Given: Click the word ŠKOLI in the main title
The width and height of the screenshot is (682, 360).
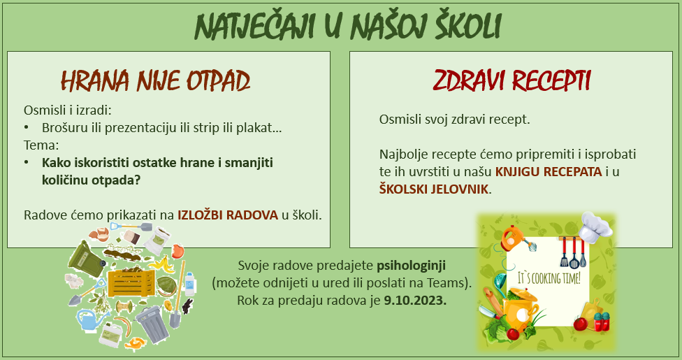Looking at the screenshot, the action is (x=468, y=26).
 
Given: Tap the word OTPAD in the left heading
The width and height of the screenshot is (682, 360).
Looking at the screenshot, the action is (x=218, y=81).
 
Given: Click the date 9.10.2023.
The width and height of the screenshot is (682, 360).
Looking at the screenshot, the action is (x=415, y=301).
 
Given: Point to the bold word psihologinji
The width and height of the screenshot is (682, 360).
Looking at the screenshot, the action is (x=411, y=266).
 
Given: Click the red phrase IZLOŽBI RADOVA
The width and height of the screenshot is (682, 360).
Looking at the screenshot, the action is (x=228, y=215).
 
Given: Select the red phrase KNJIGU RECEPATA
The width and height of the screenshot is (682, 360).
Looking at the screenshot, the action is (x=549, y=171).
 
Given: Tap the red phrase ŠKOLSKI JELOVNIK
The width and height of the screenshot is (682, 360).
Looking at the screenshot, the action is (x=434, y=189).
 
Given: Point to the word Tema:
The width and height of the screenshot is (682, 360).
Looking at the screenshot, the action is (x=41, y=145).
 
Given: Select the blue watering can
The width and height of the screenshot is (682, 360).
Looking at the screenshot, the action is (x=91, y=319).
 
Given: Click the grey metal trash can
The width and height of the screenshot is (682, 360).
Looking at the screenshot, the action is (x=152, y=324).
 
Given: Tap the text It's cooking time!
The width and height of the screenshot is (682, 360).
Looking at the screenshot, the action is (x=549, y=278).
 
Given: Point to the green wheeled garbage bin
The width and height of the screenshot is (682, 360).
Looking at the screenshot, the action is (x=86, y=259).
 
